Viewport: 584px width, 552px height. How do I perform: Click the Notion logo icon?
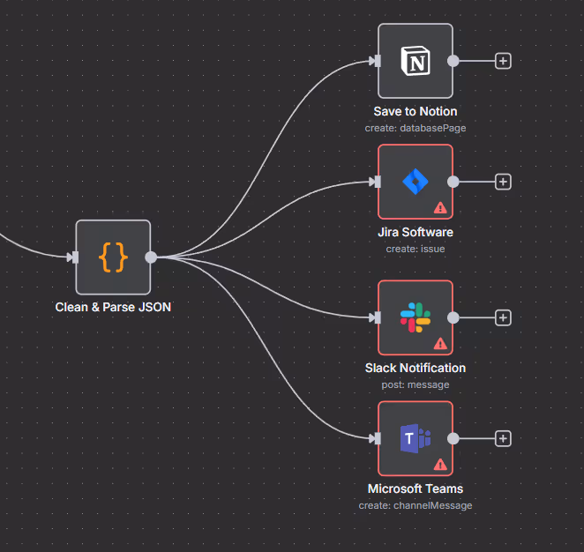(x=415, y=61)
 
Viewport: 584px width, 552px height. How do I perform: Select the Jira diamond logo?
(x=415, y=182)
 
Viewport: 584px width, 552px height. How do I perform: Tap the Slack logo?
(x=415, y=317)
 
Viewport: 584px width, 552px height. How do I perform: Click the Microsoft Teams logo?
(x=415, y=438)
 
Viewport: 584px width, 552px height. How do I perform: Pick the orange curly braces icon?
(x=113, y=257)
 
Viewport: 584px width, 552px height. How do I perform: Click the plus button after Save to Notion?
(x=503, y=61)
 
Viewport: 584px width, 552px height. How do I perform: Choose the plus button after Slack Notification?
(x=503, y=317)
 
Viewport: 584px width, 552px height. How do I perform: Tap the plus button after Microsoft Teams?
(x=503, y=438)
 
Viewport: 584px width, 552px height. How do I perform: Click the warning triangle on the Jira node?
(x=440, y=208)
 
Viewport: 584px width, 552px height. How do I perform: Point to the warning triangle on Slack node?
(x=440, y=344)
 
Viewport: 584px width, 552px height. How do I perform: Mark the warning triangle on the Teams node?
(x=440, y=465)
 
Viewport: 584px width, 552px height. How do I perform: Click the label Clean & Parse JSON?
(x=113, y=308)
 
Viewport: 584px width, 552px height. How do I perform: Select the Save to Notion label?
(x=416, y=112)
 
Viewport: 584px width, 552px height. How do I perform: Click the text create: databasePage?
(x=416, y=128)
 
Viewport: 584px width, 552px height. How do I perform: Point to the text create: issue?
(x=416, y=249)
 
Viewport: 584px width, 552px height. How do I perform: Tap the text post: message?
(x=416, y=384)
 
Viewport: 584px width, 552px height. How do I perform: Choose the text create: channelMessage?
(x=416, y=505)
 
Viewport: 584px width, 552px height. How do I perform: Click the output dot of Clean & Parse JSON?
(x=151, y=257)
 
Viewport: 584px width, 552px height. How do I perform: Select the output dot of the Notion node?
(x=453, y=61)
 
